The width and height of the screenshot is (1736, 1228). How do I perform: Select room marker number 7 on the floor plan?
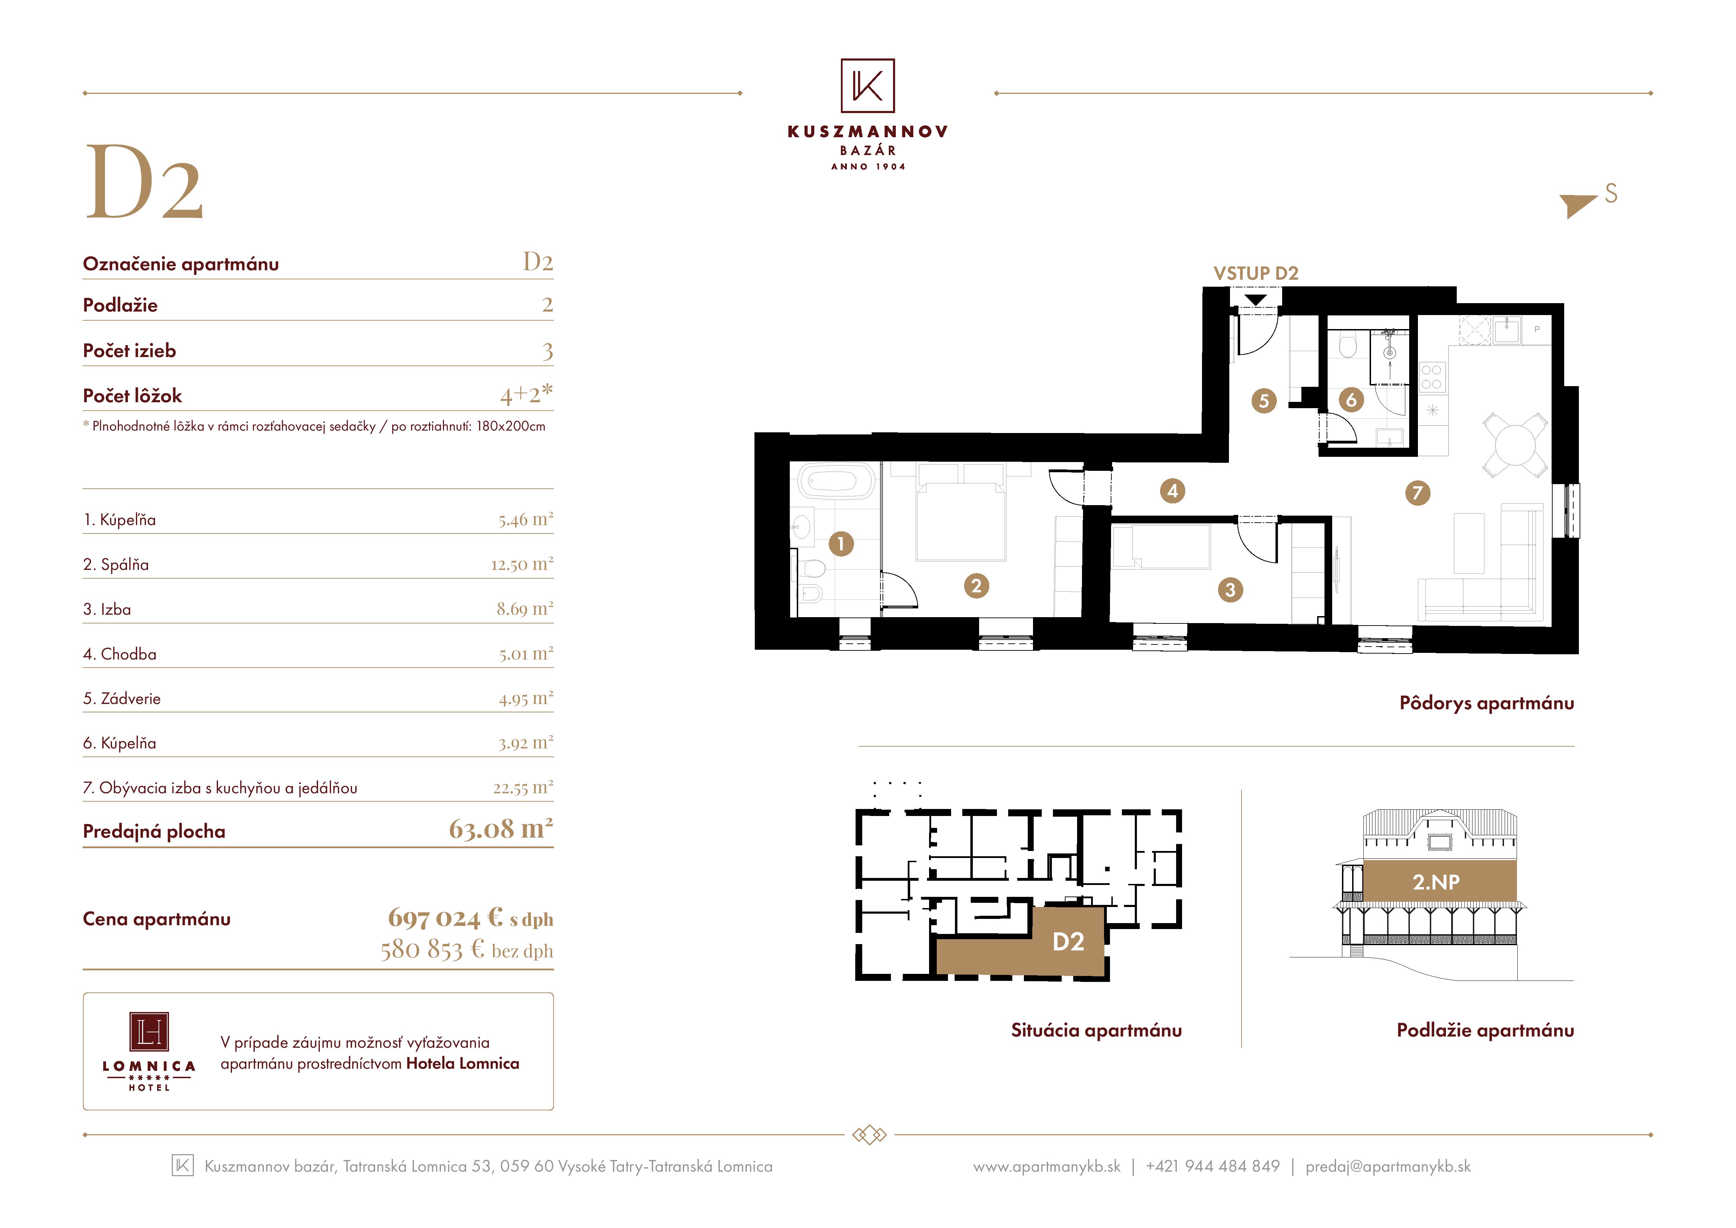(x=1418, y=493)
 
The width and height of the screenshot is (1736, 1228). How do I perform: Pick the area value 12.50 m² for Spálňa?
(x=522, y=564)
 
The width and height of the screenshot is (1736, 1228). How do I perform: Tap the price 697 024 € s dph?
(x=470, y=918)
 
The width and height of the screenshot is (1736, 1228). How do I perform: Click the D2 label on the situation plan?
(x=1068, y=941)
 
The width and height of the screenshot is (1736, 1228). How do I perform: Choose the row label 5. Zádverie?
(x=122, y=699)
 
